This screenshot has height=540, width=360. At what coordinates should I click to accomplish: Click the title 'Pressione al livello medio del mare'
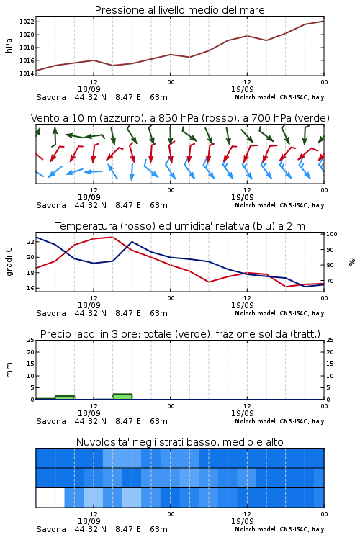click(179, 10)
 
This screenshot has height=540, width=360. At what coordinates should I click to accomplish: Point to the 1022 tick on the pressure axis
click(27, 22)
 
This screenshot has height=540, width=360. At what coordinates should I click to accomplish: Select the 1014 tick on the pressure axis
click(27, 73)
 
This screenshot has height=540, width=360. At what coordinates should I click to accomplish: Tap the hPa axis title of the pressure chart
click(9, 45)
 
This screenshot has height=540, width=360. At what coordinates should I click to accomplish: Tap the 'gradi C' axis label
click(9, 261)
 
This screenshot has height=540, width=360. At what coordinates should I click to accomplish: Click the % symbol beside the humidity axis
click(352, 262)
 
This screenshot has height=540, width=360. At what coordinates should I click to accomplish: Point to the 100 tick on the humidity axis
click(332, 234)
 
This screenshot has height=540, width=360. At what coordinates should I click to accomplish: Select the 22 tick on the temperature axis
click(31, 242)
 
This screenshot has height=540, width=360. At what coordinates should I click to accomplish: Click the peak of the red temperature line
click(112, 237)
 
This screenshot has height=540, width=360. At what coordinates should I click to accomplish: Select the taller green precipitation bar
click(122, 397)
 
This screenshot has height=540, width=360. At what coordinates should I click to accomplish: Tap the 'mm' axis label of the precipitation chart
click(9, 370)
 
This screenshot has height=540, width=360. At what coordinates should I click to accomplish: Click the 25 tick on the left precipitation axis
click(31, 340)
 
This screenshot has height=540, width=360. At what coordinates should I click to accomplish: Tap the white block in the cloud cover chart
click(50, 498)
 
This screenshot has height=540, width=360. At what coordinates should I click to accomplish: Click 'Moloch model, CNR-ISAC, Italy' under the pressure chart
click(279, 97)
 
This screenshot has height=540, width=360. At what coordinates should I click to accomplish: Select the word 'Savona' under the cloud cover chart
click(51, 529)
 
